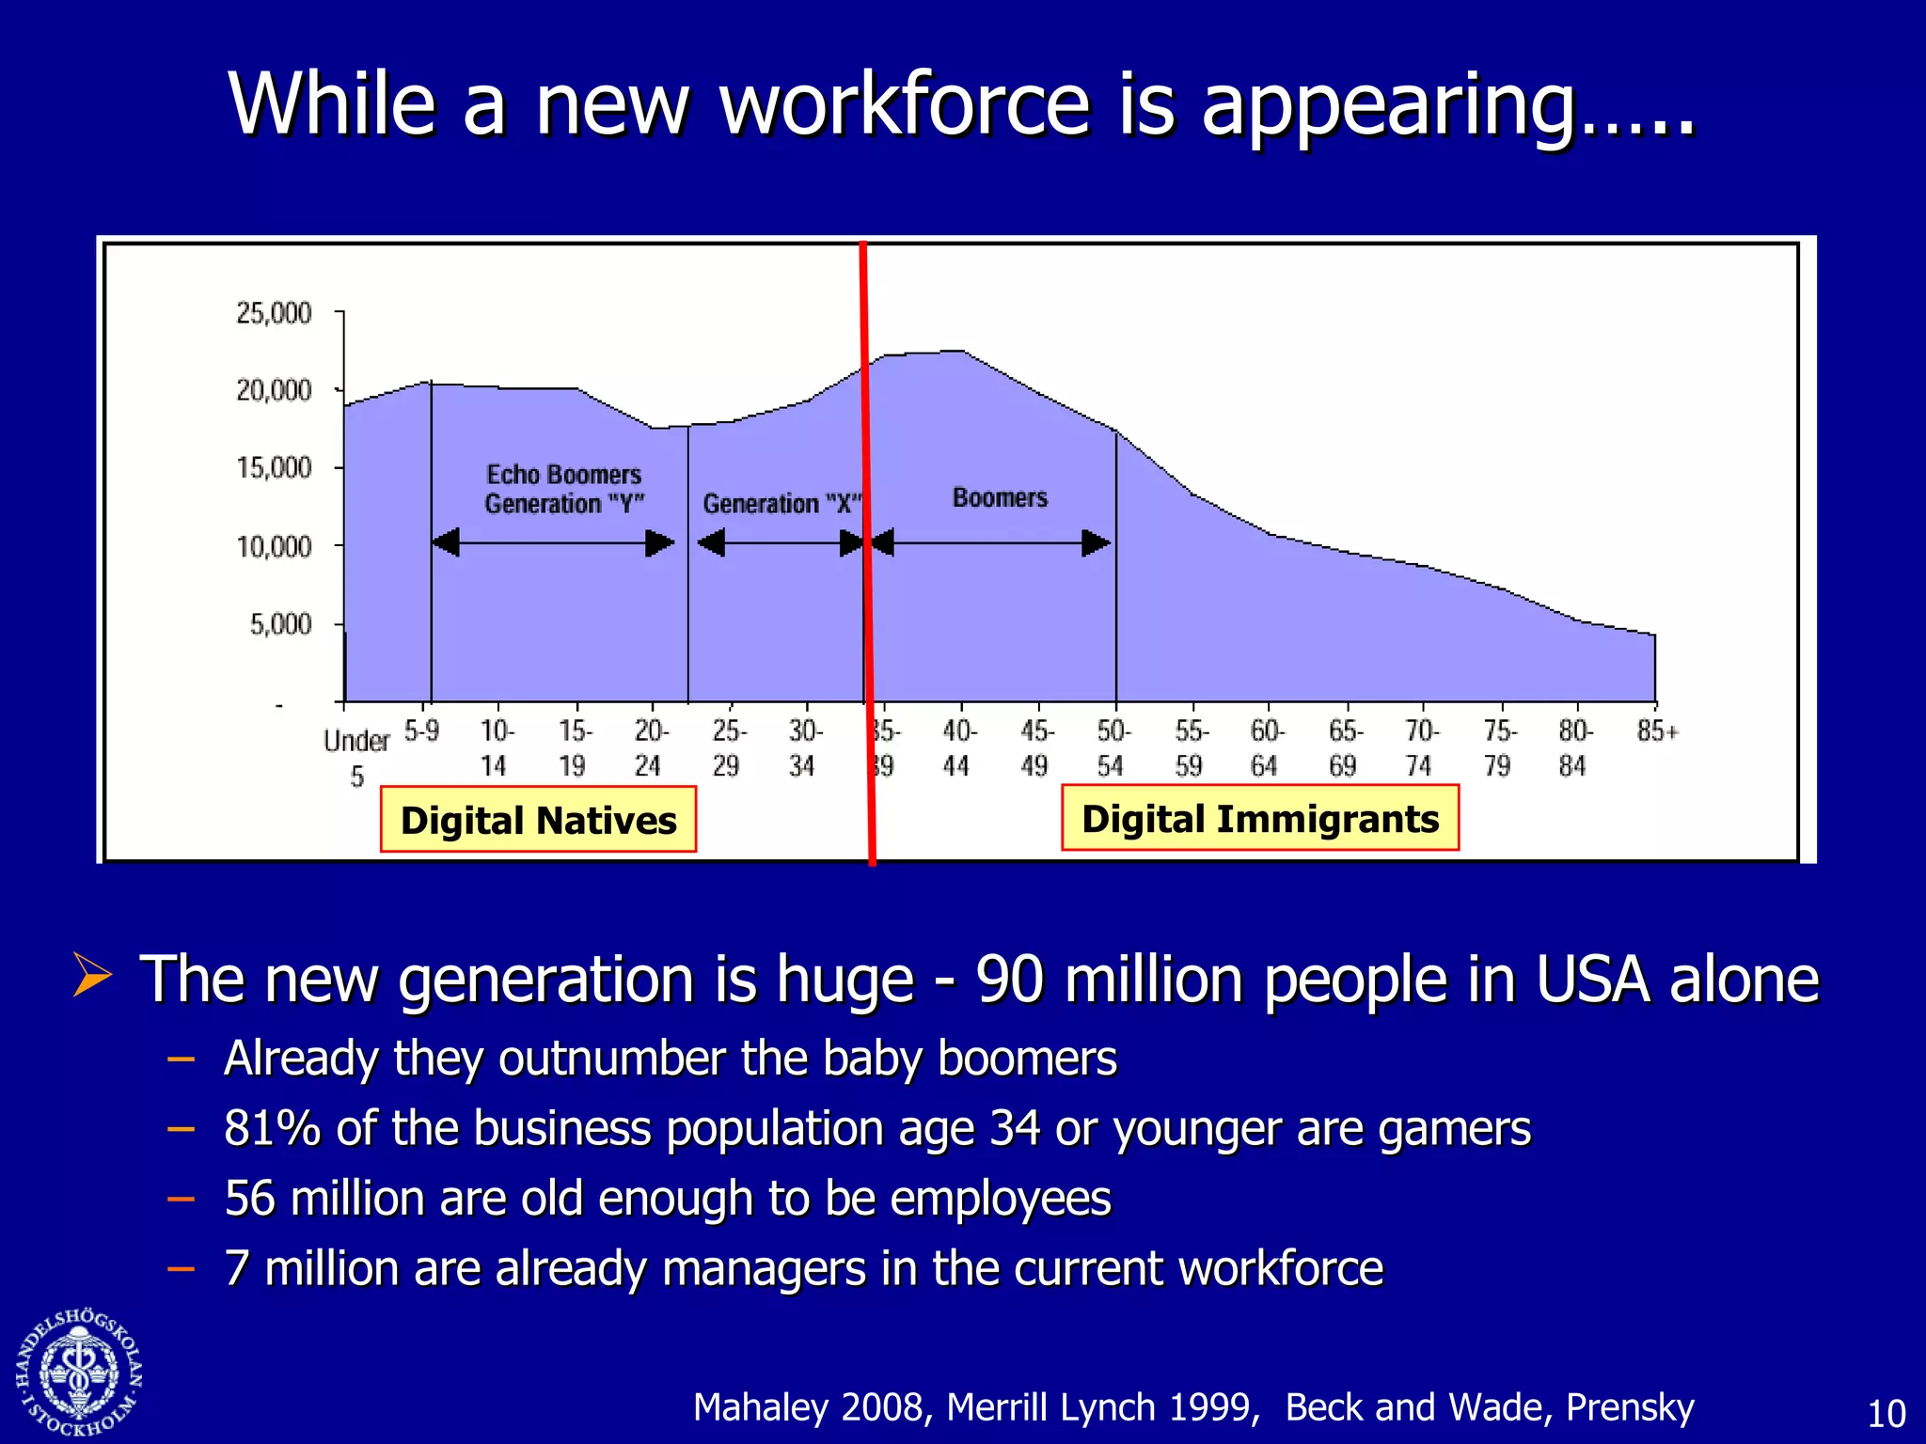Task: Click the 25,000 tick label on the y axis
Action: tap(273, 313)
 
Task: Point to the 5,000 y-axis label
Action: tap(279, 624)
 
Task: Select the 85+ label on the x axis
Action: tap(1657, 730)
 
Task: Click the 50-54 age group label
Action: tap(1113, 748)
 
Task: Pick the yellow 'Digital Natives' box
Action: tap(538, 820)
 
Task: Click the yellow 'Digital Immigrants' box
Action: tap(1260, 818)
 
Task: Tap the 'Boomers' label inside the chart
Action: tap(1000, 497)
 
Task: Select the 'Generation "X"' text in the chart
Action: tap(781, 504)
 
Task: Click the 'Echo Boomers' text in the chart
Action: tap(563, 475)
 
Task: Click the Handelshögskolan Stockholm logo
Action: tap(79, 1373)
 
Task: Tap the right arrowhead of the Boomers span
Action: tap(1096, 542)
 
